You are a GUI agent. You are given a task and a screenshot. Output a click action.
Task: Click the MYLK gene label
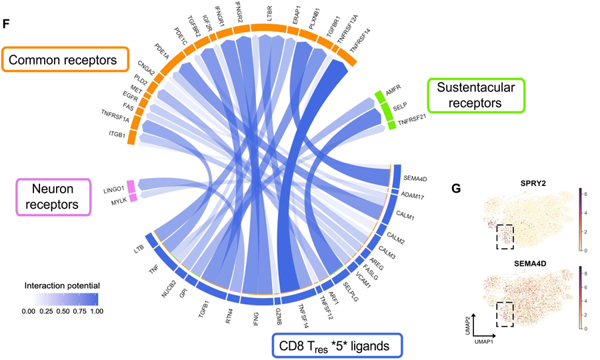[x=118, y=200]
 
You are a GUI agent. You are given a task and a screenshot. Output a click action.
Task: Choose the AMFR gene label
[x=392, y=93]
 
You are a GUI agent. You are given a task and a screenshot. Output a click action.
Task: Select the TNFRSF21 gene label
[x=410, y=122]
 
